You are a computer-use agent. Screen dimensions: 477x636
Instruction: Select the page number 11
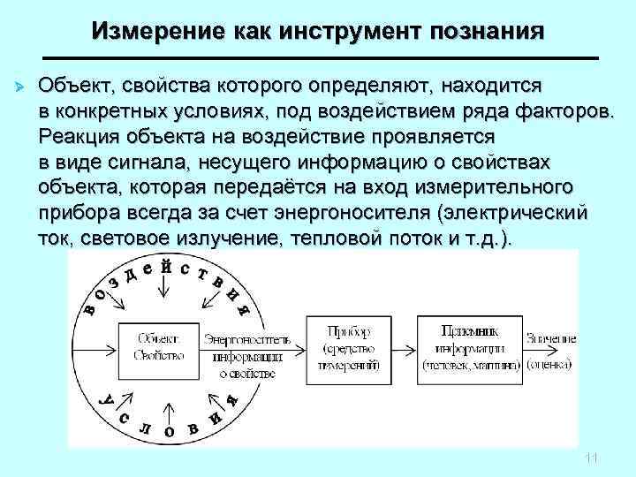click(592, 458)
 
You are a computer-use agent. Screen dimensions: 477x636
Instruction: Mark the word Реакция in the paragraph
click(72, 138)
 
